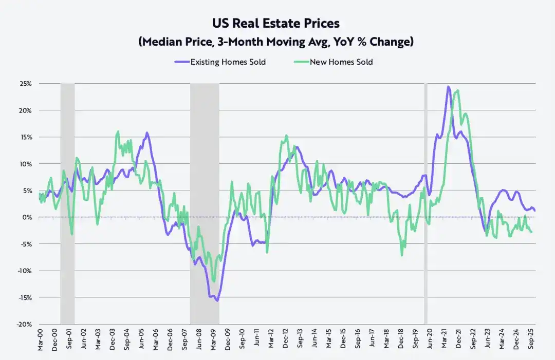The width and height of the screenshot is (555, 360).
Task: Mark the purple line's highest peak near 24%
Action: [448, 86]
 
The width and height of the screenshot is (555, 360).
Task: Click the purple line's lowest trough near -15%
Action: [217, 300]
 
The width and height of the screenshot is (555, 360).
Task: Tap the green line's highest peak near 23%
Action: [457, 90]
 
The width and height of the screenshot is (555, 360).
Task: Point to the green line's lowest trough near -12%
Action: [214, 281]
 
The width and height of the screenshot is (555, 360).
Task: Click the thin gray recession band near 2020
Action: [425, 205]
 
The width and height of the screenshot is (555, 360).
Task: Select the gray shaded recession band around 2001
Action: [67, 205]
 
